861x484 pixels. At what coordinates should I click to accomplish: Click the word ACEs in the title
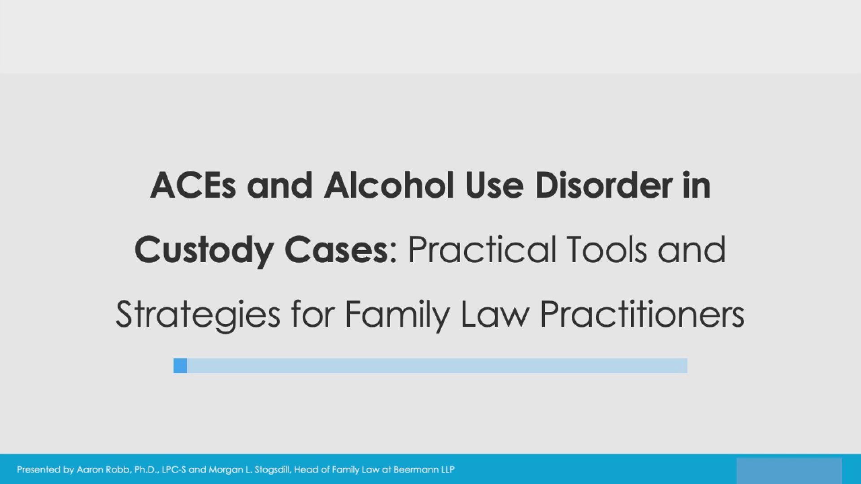(x=193, y=186)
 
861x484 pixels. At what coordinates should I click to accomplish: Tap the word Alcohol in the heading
(x=389, y=186)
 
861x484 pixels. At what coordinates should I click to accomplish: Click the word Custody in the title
(x=204, y=250)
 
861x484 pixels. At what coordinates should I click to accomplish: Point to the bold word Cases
(x=336, y=250)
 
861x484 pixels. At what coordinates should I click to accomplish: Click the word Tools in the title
(x=607, y=250)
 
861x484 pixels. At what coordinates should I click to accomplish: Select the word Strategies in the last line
(x=198, y=315)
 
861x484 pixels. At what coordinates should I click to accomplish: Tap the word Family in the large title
(x=397, y=315)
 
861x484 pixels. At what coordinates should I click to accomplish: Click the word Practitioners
(x=642, y=315)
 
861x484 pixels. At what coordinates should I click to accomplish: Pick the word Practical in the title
(x=482, y=250)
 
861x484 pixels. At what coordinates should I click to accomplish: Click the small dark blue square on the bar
(x=180, y=366)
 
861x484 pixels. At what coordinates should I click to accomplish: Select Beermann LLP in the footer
(x=424, y=470)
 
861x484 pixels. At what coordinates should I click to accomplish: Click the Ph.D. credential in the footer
(x=146, y=470)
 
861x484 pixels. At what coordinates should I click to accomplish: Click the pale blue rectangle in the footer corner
(x=789, y=471)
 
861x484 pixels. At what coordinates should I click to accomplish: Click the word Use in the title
(x=494, y=186)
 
